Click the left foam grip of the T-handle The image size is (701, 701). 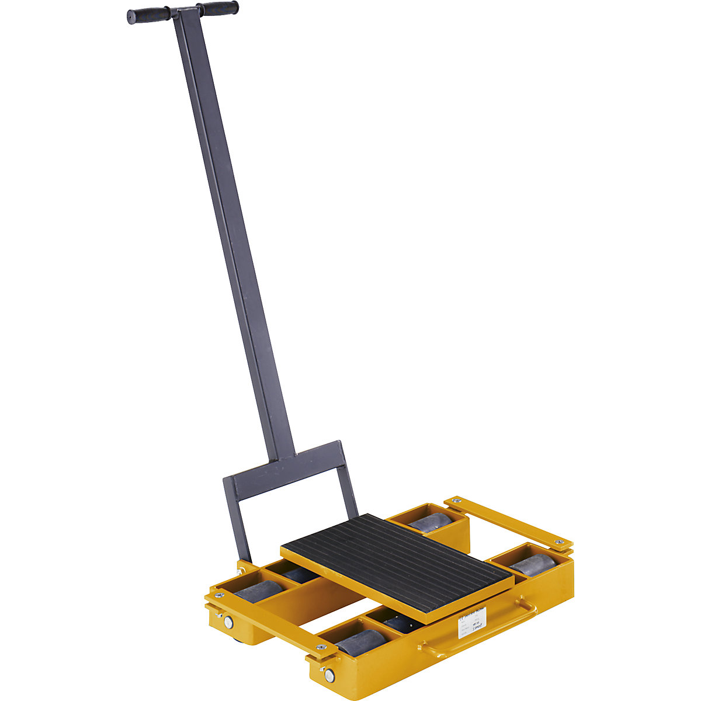[148, 16]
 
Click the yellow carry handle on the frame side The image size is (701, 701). [479, 631]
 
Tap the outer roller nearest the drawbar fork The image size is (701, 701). [257, 591]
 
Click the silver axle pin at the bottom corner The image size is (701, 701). [329, 676]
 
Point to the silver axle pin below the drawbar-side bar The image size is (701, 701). [228, 623]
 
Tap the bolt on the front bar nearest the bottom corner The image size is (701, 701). [321, 647]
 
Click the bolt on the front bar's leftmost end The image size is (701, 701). [219, 595]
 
